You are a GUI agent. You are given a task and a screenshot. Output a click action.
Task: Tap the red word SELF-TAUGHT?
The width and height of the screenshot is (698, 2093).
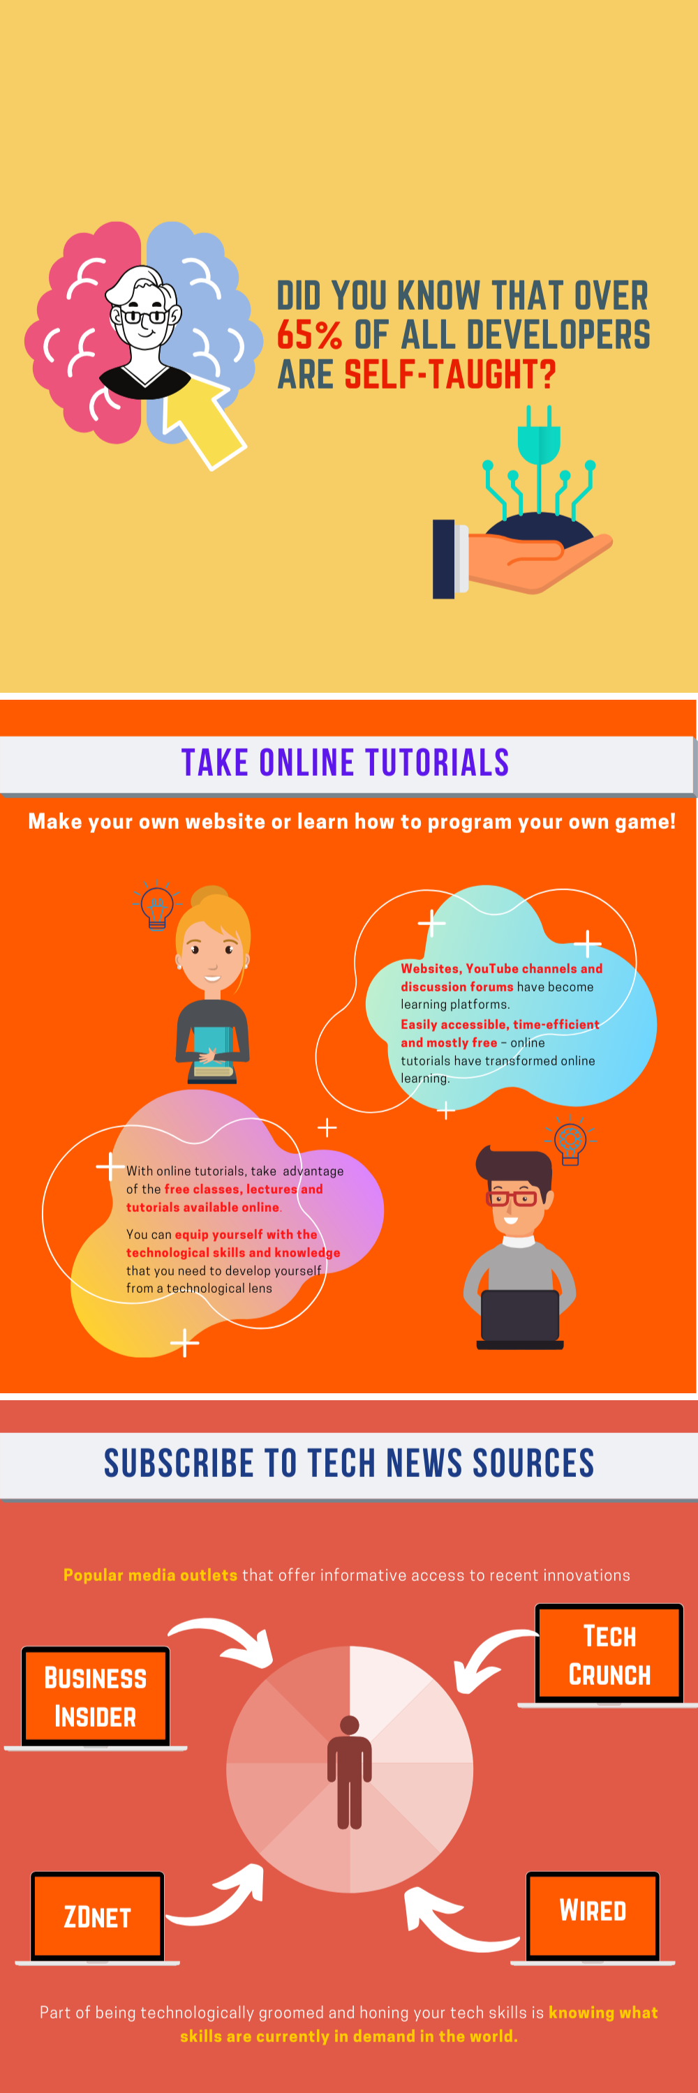[x=450, y=375]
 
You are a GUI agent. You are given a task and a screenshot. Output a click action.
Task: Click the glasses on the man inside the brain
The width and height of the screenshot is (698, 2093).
[x=145, y=315]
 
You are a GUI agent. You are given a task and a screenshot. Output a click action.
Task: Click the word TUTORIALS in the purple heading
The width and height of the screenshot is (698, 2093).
[x=436, y=763]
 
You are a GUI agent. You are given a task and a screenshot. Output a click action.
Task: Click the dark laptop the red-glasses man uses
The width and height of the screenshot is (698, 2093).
[x=520, y=1319]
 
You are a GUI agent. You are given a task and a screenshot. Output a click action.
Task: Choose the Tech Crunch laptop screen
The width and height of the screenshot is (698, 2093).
[x=609, y=1654]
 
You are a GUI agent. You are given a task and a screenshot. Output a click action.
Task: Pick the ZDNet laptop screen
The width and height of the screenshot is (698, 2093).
[x=98, y=1916]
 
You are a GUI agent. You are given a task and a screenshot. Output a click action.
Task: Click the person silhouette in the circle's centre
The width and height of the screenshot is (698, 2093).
[x=350, y=1772]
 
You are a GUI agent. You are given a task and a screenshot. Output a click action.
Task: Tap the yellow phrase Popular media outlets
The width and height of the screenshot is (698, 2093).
[x=150, y=1575]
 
